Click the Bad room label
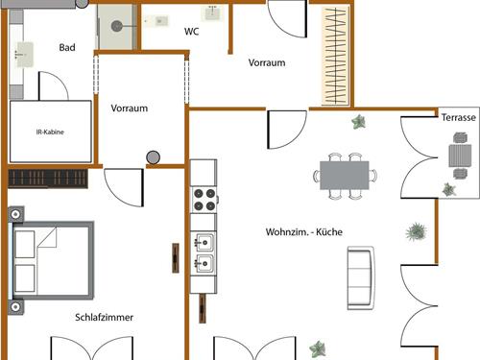[67, 48]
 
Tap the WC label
[192, 32]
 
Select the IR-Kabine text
[50, 132]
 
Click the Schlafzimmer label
[104, 317]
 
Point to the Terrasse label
[459, 117]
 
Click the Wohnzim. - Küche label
[304, 231]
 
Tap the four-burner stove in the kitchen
[204, 199]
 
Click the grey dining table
[345, 176]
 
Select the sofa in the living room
[361, 277]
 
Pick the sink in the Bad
[24, 55]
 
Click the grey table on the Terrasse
[460, 156]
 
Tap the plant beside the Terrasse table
[449, 189]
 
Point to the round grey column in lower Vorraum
[154, 157]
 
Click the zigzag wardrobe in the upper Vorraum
[335, 56]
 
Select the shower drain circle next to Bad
[117, 26]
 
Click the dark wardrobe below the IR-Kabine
[48, 179]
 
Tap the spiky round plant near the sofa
[416, 231]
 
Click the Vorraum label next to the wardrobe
[267, 62]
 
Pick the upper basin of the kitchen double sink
[204, 243]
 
